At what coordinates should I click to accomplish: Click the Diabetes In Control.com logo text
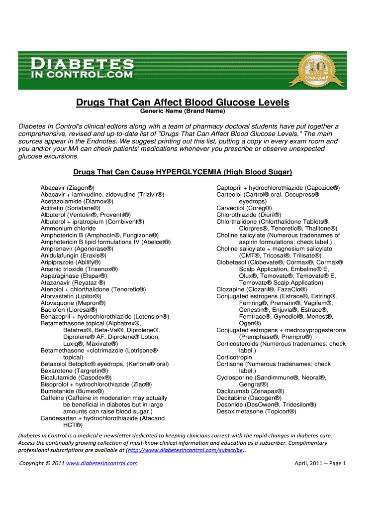coord(83,69)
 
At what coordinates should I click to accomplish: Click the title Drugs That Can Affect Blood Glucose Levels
coord(182,103)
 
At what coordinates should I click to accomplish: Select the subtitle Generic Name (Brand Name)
coord(182,111)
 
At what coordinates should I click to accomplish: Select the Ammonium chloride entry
coord(68,228)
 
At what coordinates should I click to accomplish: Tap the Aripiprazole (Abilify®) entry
coord(71,262)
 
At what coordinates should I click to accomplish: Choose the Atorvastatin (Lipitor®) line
coord(71,296)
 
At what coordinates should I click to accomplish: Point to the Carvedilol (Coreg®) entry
coord(244,208)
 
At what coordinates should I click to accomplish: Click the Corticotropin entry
coord(234,357)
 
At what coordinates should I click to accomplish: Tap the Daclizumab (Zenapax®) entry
coord(250,391)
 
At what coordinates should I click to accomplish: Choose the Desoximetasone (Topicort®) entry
coord(256,411)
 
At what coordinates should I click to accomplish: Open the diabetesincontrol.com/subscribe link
coord(186,450)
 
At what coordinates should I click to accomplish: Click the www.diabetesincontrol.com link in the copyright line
coord(101,463)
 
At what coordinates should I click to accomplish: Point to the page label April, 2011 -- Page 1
coord(320,463)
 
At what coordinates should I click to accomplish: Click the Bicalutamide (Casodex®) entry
coord(76,378)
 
